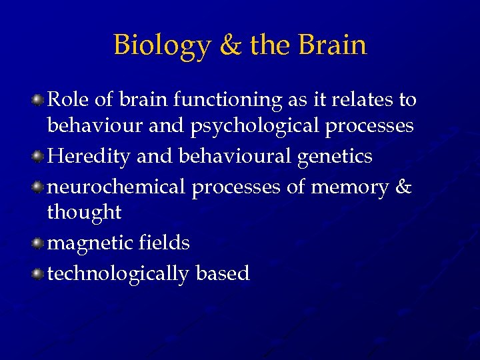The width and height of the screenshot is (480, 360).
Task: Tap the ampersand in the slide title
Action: tap(229, 45)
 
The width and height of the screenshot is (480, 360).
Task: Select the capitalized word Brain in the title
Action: tap(333, 45)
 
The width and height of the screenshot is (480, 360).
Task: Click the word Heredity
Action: tap(89, 157)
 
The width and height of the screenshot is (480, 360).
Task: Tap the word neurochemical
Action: tap(117, 187)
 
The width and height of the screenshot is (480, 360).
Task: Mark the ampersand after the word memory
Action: tap(404, 187)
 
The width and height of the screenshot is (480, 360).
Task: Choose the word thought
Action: tap(84, 213)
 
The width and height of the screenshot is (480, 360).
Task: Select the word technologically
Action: tap(118, 273)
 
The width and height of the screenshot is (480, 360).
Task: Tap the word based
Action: tap(223, 273)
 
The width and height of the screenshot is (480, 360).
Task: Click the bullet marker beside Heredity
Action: tap(39, 157)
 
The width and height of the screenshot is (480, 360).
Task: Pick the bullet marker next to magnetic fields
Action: tap(39, 243)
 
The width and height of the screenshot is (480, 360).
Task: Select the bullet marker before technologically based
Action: tap(39, 273)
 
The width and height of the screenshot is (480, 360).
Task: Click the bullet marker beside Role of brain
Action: tap(39, 100)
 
